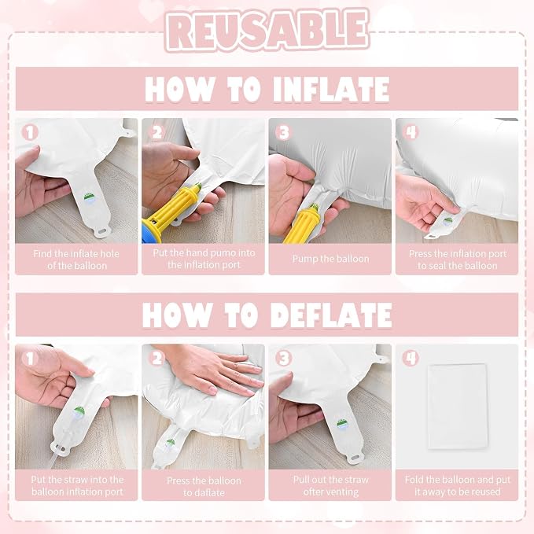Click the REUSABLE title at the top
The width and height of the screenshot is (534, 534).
coord(267,30)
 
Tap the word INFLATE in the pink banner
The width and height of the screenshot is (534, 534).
coord(331,89)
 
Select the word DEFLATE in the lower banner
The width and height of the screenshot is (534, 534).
coord(331,315)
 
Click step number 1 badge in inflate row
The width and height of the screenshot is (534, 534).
coord(30,132)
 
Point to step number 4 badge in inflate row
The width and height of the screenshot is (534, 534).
coord(411,132)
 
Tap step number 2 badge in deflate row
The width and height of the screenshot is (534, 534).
coord(157,359)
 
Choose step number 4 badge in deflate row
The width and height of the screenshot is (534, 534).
coord(411,359)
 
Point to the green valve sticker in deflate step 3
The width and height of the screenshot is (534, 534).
coord(343,423)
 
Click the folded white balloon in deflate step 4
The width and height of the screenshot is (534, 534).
coord(458,407)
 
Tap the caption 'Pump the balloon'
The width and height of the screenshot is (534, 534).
coord(330,259)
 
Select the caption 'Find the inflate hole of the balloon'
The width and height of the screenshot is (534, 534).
coord(76,260)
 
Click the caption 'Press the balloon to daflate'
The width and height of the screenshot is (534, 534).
coord(204,487)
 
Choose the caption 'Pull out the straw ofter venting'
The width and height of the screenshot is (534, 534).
coord(330,486)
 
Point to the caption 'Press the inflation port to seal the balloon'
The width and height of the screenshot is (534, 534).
coord(458,260)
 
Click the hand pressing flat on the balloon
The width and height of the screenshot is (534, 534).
coord(218,372)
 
